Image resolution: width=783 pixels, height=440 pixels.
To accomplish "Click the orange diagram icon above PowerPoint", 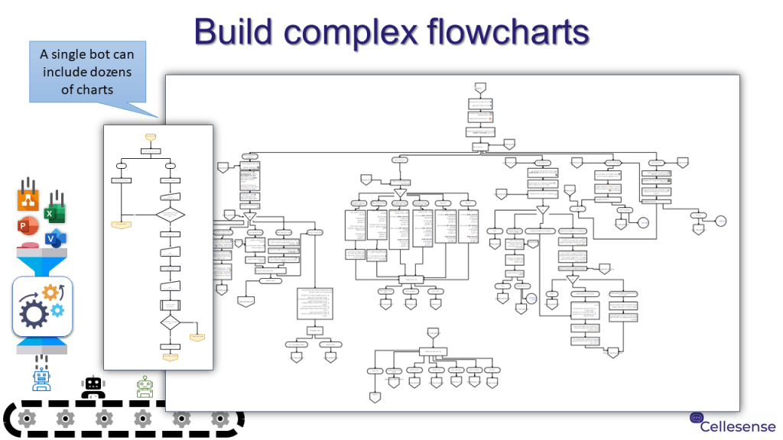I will tap(28, 200).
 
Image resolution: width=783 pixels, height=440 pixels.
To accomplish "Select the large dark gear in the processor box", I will tap(36, 313).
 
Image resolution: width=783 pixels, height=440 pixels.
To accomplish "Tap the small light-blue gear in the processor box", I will tap(57, 309).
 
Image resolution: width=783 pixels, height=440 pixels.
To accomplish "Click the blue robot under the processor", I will tap(41, 377).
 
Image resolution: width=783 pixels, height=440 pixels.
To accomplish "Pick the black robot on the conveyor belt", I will tap(93, 387).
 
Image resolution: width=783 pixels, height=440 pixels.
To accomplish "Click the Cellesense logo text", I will tap(738, 426).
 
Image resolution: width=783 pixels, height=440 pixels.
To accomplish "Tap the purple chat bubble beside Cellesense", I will tap(696, 418).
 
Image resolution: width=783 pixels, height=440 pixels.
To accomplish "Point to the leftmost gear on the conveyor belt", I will tap(27, 418).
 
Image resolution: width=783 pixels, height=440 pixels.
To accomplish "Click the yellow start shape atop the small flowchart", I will tap(151, 137).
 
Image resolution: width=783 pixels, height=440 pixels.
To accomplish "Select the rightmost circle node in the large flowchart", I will tap(720, 221).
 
